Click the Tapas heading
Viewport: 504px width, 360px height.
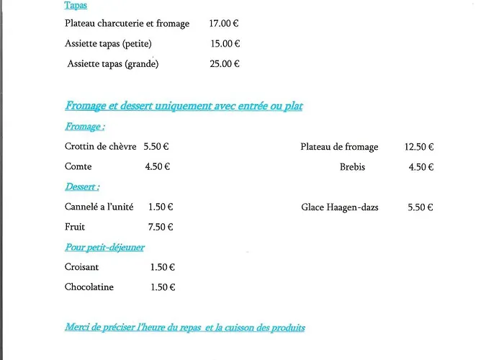tap(76, 6)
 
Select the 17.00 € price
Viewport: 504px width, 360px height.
tap(224, 24)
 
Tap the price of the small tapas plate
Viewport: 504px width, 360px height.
tap(225, 44)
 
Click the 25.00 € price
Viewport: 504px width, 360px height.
tap(225, 64)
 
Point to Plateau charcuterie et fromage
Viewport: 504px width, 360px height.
tap(127, 24)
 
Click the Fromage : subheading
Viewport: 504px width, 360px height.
tap(85, 127)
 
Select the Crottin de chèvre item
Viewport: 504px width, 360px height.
tap(100, 147)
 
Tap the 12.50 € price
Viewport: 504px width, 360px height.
tap(419, 147)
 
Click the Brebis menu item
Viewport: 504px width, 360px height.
tap(352, 167)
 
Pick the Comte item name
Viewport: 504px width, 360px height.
tap(78, 167)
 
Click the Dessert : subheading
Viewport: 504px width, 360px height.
tap(82, 187)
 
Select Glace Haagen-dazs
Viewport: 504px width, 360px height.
tap(340, 207)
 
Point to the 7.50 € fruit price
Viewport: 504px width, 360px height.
tap(161, 228)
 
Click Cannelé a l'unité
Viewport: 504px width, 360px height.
tap(99, 207)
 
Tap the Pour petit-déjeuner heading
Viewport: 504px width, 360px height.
tap(104, 248)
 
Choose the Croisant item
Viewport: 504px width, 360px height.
tap(82, 268)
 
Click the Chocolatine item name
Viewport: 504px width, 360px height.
tap(89, 287)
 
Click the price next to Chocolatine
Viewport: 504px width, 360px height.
tap(163, 287)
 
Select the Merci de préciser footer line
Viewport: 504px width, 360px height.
tap(185, 328)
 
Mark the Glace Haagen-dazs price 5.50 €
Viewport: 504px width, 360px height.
tap(420, 207)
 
